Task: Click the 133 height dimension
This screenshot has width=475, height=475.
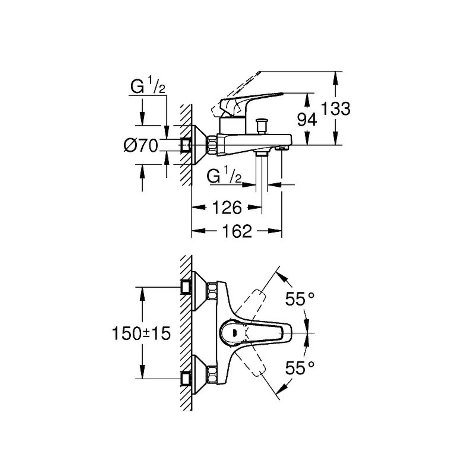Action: pos(335,109)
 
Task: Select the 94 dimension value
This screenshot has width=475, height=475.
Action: pos(307,119)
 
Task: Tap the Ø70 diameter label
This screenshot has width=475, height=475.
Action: pos(141,146)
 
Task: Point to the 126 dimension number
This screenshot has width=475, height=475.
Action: pos(227,208)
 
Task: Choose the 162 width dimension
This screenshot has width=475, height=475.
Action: pos(237,231)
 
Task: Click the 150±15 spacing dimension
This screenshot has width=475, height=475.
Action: pos(141,333)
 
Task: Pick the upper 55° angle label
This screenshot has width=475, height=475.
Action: pos(300,299)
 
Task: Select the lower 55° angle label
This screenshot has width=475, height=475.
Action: pos(300,368)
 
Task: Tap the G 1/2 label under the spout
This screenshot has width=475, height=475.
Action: pos(224,176)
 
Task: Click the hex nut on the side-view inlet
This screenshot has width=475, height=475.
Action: pos(212,145)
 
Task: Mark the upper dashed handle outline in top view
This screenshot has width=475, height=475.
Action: pos(251,307)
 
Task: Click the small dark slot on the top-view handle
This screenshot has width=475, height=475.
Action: pos(234,333)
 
